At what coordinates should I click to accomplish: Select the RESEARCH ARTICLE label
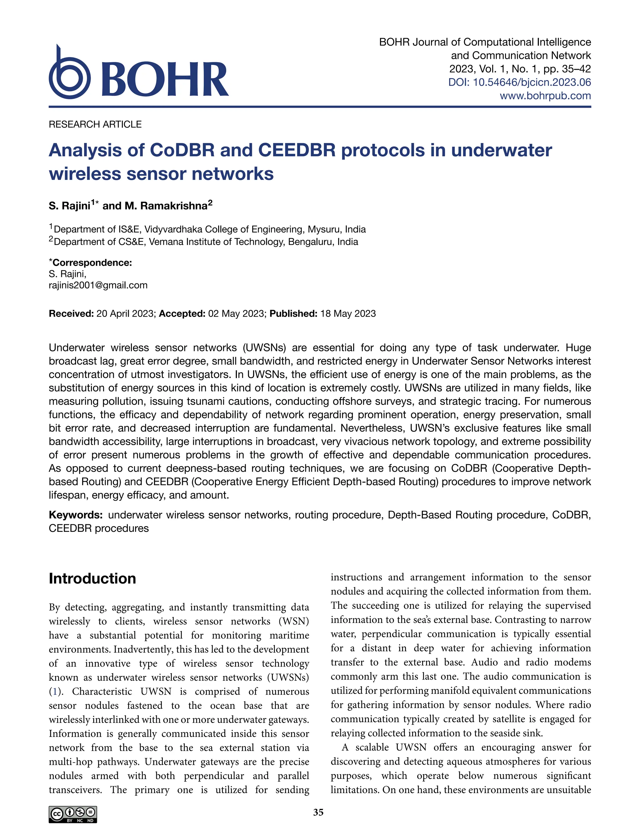tap(95, 124)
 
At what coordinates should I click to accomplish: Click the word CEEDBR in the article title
tap(297, 150)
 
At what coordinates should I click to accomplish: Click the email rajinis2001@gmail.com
tap(98, 285)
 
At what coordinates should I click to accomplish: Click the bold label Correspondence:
tap(92, 263)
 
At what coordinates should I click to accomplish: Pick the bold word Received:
tap(71, 313)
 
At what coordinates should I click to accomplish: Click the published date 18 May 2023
tap(348, 313)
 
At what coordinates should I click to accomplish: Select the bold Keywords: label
tap(75, 515)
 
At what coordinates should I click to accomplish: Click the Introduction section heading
tap(92, 578)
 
